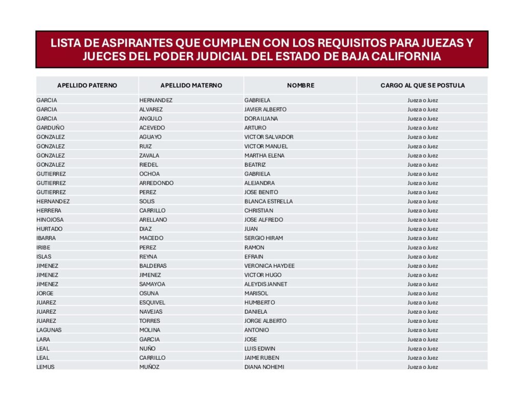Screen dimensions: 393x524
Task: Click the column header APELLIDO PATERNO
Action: tap(87, 85)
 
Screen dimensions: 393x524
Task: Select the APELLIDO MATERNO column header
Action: tap(191, 85)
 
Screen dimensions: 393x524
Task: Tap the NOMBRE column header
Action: tap(300, 85)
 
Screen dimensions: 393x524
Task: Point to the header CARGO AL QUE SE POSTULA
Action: tap(423, 85)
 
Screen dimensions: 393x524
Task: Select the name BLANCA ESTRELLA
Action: tap(268, 201)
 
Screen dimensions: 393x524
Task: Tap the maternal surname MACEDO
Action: tap(151, 238)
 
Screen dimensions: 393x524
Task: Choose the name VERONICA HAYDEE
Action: tap(269, 266)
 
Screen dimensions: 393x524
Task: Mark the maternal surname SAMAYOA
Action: tap(152, 284)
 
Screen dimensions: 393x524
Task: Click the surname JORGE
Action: tap(45, 293)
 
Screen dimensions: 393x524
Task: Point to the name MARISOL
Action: tap(256, 293)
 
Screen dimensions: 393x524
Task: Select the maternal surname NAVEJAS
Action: tap(150, 312)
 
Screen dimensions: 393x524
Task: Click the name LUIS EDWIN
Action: tap(260, 348)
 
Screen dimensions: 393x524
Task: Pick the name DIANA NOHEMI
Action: tap(264, 367)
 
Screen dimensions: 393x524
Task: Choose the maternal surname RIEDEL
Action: tap(148, 164)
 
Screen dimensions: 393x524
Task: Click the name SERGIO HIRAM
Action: tap(263, 238)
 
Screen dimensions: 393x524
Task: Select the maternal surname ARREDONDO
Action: tap(156, 183)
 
